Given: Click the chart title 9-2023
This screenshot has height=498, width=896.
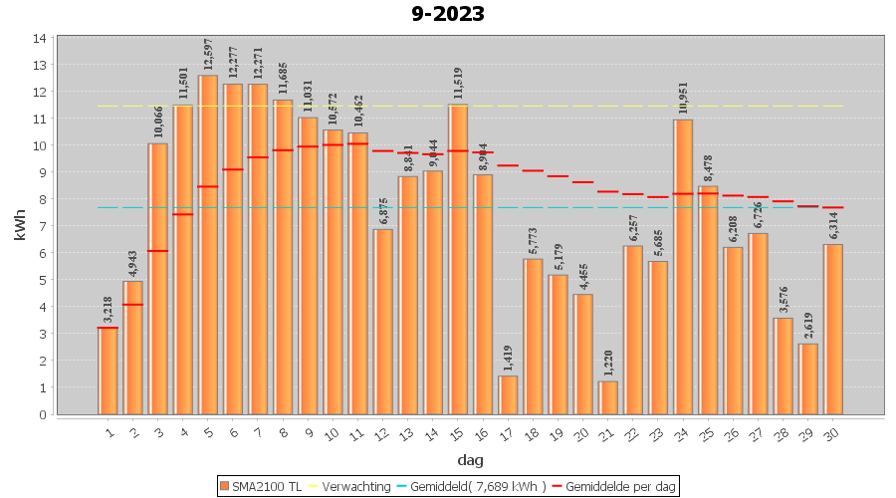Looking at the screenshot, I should [x=448, y=14].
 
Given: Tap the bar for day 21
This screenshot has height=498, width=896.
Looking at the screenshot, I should [x=608, y=397].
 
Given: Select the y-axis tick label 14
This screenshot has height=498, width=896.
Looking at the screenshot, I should [x=40, y=39].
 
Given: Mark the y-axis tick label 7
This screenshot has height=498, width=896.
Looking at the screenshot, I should [x=40, y=226].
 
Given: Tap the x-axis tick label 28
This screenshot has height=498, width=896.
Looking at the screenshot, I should [x=782, y=430].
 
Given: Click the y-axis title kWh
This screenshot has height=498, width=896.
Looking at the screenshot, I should [x=20, y=225].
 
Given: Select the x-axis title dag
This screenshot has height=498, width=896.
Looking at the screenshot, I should [x=471, y=460].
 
